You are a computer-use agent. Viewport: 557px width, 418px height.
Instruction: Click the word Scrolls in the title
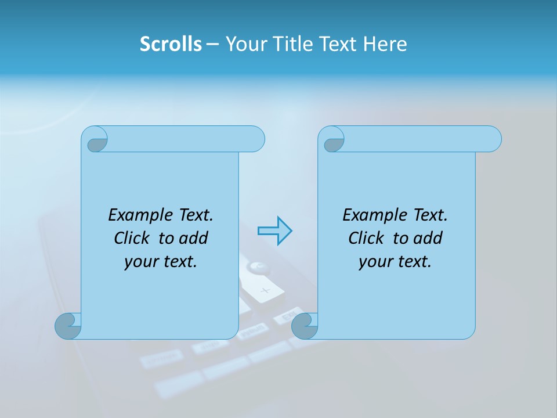pyautogui.click(x=171, y=44)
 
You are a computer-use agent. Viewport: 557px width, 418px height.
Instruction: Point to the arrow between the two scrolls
pyautogui.click(x=274, y=230)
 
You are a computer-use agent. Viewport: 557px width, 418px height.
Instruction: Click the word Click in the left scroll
pyautogui.click(x=132, y=238)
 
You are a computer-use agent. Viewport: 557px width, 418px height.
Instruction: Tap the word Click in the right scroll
pyautogui.click(x=366, y=238)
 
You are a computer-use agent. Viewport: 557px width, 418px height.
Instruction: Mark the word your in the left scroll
pyautogui.click(x=139, y=262)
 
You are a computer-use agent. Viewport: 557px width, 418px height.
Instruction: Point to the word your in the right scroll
pyautogui.click(x=374, y=262)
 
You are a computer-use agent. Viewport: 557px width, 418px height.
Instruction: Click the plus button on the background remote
pyautogui.click(x=265, y=291)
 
